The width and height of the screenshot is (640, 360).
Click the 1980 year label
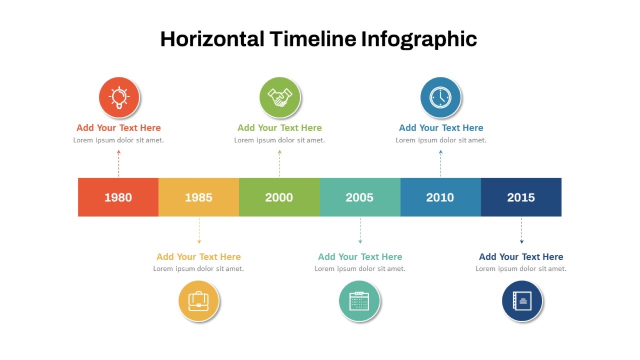click(x=118, y=197)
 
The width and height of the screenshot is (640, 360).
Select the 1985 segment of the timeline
click(x=199, y=197)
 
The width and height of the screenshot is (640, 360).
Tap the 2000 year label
click(x=279, y=197)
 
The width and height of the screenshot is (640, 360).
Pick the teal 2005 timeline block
click(x=361, y=197)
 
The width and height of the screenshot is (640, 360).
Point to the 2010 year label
click(x=440, y=197)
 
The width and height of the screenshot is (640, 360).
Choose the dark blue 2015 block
click(x=521, y=197)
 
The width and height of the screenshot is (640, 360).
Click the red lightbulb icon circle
click(x=119, y=97)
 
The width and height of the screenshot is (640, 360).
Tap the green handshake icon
click(x=280, y=97)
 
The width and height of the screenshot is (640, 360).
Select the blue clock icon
click(x=441, y=97)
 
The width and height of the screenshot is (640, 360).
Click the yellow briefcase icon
click(x=199, y=301)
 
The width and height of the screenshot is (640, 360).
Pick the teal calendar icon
click(x=359, y=301)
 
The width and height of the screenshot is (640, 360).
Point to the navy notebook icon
click(x=522, y=301)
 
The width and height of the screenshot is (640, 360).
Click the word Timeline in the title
click(x=313, y=39)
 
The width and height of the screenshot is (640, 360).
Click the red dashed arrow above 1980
click(x=118, y=163)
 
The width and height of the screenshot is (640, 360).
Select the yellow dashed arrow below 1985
click(x=199, y=231)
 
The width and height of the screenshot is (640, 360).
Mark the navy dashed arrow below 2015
click(x=522, y=231)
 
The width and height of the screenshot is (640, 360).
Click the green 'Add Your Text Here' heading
click(x=279, y=127)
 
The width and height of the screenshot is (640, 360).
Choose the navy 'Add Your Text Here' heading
click(x=521, y=257)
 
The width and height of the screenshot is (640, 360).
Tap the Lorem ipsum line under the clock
click(x=441, y=140)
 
